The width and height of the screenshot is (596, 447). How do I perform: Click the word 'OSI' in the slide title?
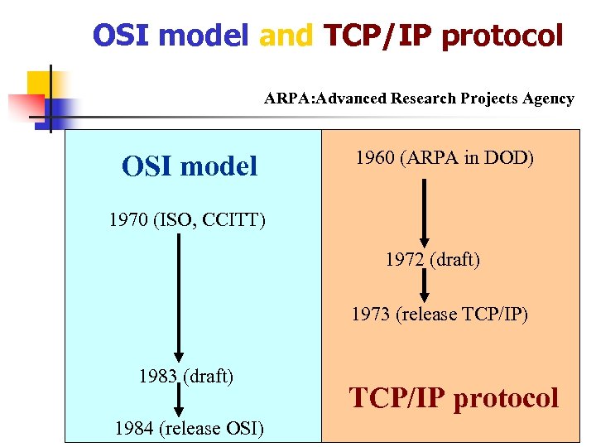point(122,36)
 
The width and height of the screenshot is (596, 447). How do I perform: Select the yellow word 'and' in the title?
point(286,36)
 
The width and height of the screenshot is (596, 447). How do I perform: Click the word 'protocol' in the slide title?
point(502,36)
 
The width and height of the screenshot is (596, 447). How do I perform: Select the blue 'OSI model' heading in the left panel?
point(190,166)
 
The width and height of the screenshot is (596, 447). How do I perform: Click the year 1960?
point(374,157)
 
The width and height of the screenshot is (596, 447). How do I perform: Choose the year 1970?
point(128,221)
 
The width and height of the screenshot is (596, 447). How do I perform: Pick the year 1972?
point(406,260)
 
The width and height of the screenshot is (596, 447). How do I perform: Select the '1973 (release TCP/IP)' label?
point(440,315)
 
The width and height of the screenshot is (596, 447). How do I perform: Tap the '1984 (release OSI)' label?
point(190,428)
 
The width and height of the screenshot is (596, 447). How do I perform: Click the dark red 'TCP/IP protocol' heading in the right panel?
point(454,398)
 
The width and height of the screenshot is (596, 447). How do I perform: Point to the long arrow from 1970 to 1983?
point(178,298)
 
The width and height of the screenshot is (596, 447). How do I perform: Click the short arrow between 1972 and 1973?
point(424,286)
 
